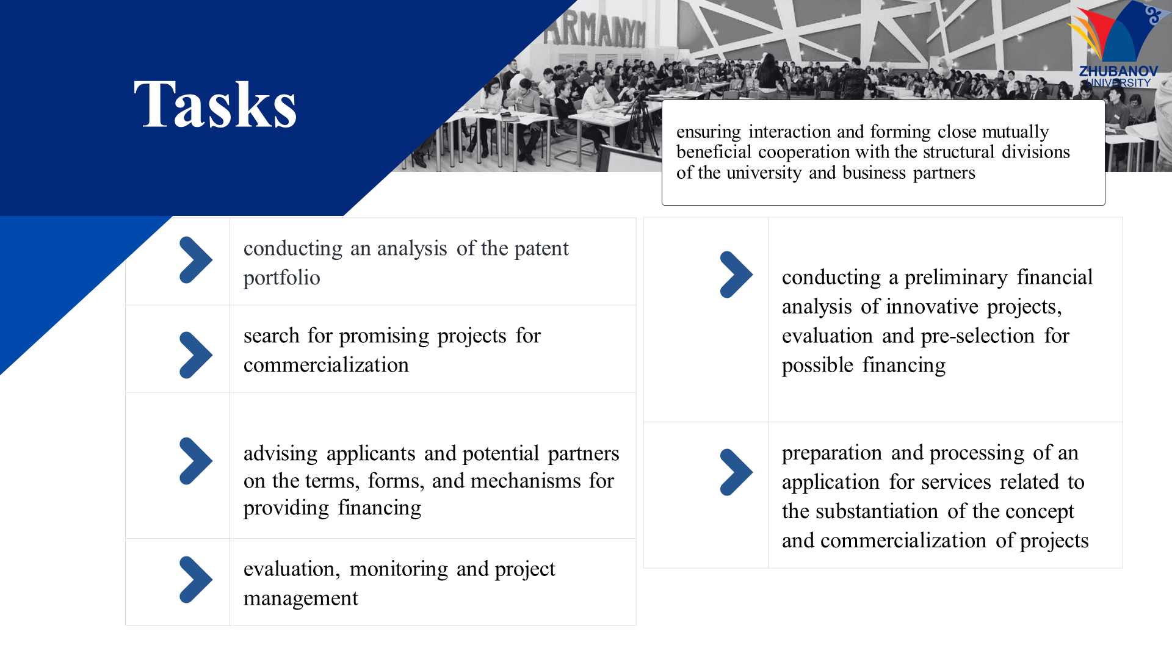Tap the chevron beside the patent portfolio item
(196, 260)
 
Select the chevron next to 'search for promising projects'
(196, 355)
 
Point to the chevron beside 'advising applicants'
(196, 461)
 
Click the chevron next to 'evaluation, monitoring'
(196, 580)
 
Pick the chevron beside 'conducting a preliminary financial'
(736, 275)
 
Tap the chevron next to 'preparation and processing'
(736, 472)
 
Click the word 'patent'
(541, 248)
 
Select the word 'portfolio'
(281, 278)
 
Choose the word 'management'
(300, 599)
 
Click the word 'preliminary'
(955, 278)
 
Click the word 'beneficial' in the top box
(714, 152)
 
